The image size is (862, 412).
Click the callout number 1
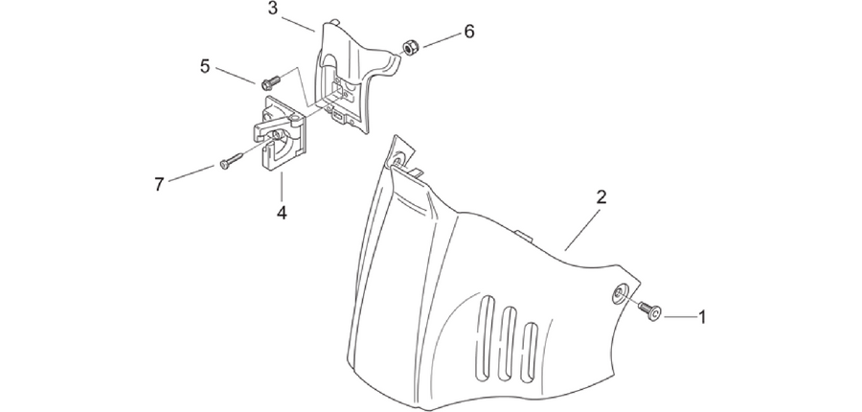(x=701, y=317)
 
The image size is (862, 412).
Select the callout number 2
(x=601, y=197)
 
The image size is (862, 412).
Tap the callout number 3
(x=273, y=9)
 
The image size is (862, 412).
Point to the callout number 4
(x=282, y=213)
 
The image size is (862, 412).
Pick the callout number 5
(x=205, y=66)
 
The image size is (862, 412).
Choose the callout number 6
(x=469, y=32)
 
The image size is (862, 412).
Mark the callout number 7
(x=159, y=184)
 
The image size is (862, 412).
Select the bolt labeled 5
(x=270, y=82)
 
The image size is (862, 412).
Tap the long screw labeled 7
(x=231, y=161)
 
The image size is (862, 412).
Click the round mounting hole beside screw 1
(x=620, y=295)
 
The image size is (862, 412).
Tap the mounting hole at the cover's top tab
(x=397, y=160)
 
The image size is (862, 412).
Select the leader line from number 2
(x=581, y=231)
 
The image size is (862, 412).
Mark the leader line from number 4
(x=282, y=187)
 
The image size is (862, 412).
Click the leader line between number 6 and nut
(x=441, y=40)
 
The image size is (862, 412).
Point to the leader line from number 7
(x=192, y=173)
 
